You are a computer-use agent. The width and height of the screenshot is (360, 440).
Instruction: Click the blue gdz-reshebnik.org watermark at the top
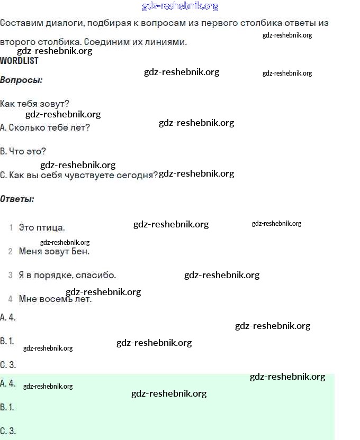click(180, 6)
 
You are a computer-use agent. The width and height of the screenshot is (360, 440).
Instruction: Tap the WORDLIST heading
click(19, 61)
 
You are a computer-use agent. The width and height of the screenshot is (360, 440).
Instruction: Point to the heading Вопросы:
click(21, 80)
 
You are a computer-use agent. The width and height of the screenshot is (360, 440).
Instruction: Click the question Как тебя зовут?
click(35, 104)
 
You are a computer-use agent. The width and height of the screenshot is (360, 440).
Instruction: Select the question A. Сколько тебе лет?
click(45, 127)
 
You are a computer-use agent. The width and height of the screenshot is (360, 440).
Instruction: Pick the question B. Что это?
click(23, 151)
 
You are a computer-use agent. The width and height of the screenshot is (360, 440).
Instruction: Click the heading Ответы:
click(17, 199)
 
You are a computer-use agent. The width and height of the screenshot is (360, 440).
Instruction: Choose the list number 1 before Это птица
click(11, 228)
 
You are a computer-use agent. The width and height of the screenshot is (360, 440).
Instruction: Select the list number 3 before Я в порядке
click(11, 276)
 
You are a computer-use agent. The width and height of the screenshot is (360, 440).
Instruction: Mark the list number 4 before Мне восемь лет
click(11, 299)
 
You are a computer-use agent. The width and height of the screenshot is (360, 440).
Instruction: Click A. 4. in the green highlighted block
click(8, 383)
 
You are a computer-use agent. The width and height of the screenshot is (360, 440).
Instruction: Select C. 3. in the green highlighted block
click(8, 430)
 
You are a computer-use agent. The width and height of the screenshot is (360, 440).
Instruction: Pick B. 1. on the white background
click(7, 341)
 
